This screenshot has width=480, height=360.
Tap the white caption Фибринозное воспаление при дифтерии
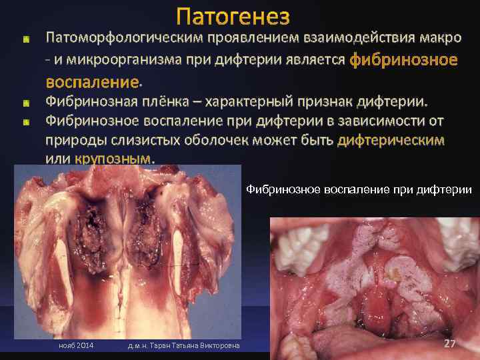[x=359, y=190]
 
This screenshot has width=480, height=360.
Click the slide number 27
[x=449, y=343]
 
